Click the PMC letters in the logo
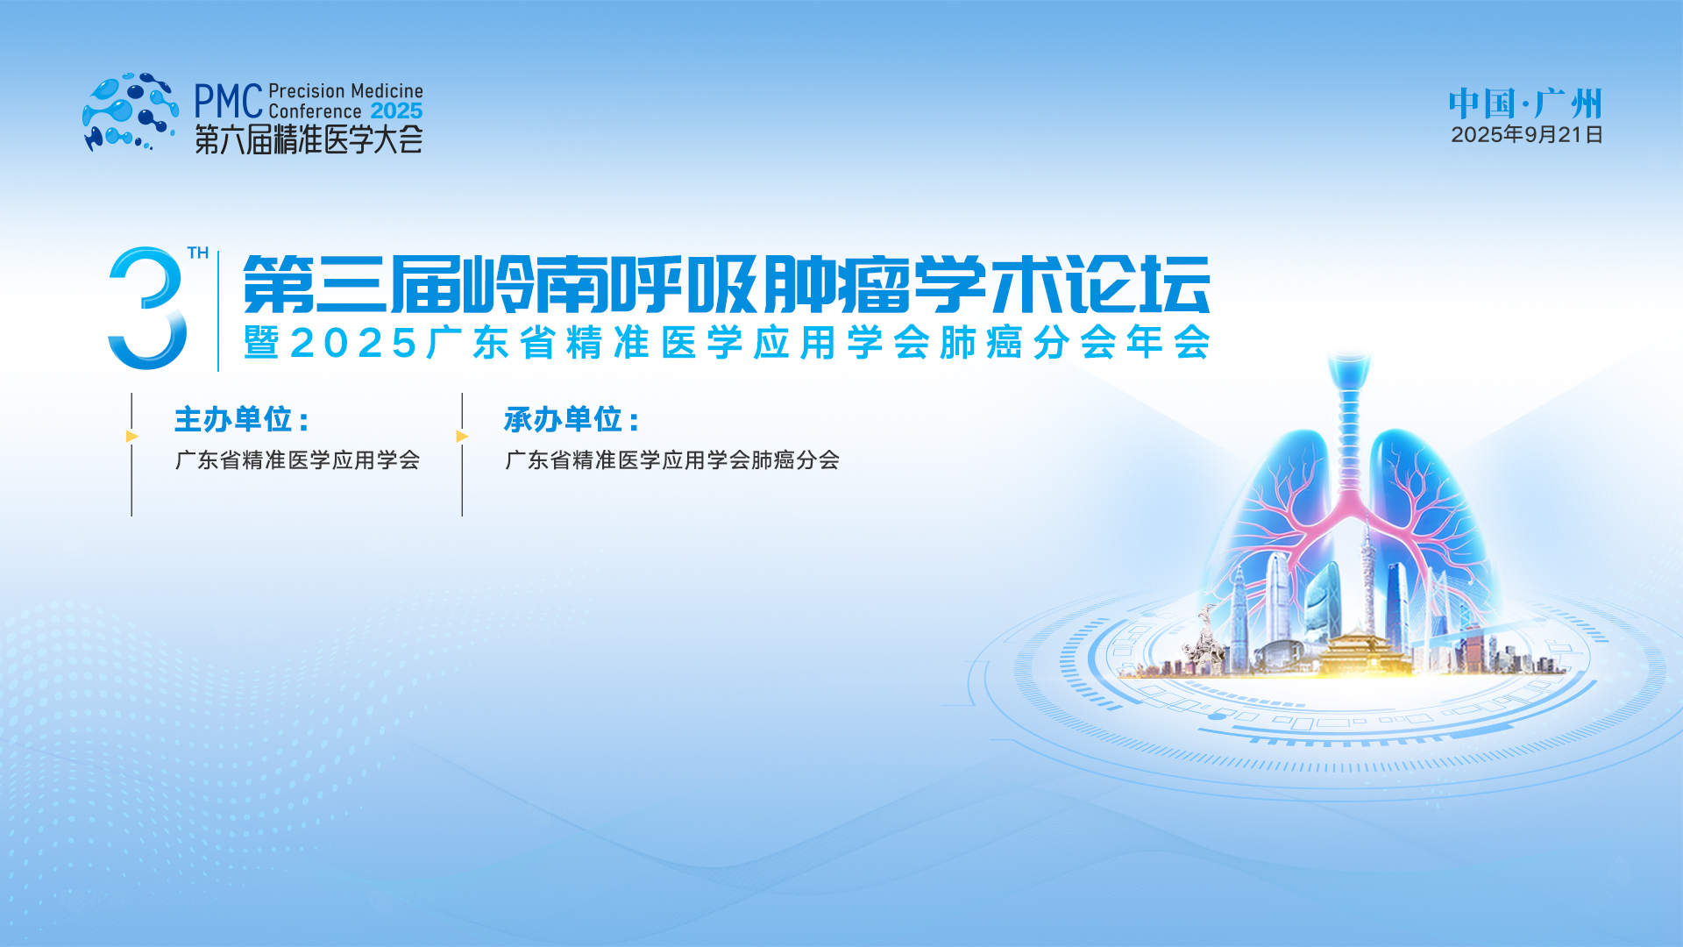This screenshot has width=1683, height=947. (x=228, y=102)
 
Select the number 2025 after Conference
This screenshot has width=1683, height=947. (x=396, y=111)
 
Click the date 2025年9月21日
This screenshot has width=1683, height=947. (x=1527, y=134)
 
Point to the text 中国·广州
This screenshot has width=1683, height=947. (x=1525, y=103)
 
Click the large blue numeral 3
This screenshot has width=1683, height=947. (x=147, y=308)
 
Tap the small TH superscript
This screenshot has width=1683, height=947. (x=198, y=253)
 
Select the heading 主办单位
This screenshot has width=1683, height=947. (x=242, y=419)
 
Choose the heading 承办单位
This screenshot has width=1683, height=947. (x=572, y=419)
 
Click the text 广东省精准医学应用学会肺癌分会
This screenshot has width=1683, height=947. (x=672, y=459)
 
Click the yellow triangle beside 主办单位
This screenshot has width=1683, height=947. (x=132, y=436)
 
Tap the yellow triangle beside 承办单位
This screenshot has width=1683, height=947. (x=463, y=436)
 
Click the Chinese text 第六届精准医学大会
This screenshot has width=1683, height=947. (x=309, y=139)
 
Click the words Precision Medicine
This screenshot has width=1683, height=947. (x=345, y=91)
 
